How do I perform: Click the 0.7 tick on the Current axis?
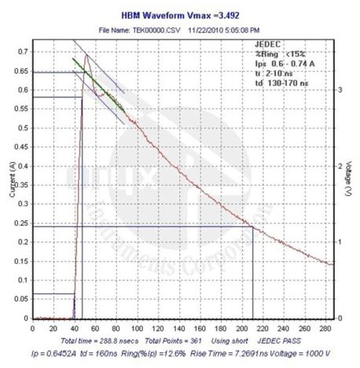pos(23,53)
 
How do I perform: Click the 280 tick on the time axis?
pos(324,326)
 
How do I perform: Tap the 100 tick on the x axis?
pos(136,326)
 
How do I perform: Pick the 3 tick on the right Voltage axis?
pos(340,90)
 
